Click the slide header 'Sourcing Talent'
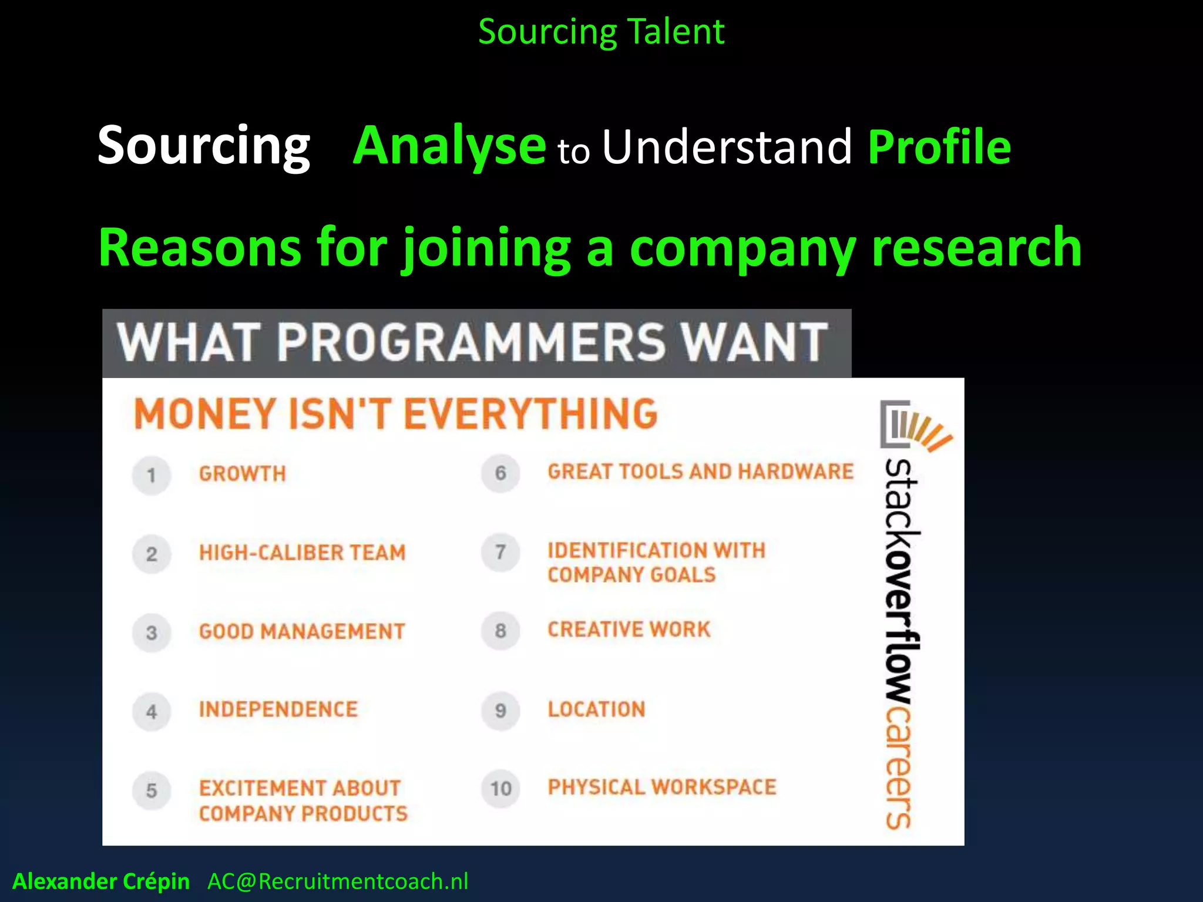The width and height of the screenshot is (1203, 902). point(601,32)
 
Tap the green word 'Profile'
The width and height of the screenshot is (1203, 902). point(939,147)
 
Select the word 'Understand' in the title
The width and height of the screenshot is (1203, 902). point(727,147)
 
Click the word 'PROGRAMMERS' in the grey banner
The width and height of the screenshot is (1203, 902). point(471,343)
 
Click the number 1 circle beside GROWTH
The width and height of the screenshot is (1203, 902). point(152,474)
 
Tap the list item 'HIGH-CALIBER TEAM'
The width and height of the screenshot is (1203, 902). point(302,553)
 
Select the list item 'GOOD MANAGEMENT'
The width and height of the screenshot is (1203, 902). point(302,632)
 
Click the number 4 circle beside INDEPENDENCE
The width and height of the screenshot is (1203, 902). point(152,711)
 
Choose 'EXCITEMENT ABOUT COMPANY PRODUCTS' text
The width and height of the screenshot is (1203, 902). point(303,800)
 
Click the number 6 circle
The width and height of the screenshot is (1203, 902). point(500,473)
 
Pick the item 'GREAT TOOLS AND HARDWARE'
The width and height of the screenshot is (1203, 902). point(700,472)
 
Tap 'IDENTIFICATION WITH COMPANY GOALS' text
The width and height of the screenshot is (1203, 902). point(656,563)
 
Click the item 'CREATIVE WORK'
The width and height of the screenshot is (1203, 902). point(629,630)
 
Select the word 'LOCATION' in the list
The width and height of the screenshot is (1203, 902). point(596,709)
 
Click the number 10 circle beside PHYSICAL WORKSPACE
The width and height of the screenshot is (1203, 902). point(500,789)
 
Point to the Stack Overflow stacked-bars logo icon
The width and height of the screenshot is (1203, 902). point(913,425)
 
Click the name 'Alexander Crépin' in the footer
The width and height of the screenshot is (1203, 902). point(101,881)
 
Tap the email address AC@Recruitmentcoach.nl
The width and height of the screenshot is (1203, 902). point(338,881)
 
